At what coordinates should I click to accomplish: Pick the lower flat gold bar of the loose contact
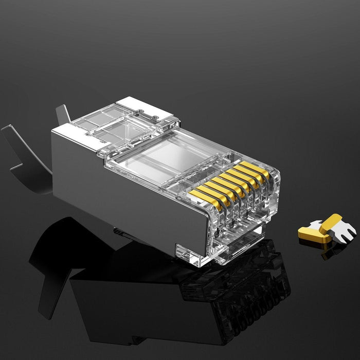coord(311,235)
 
